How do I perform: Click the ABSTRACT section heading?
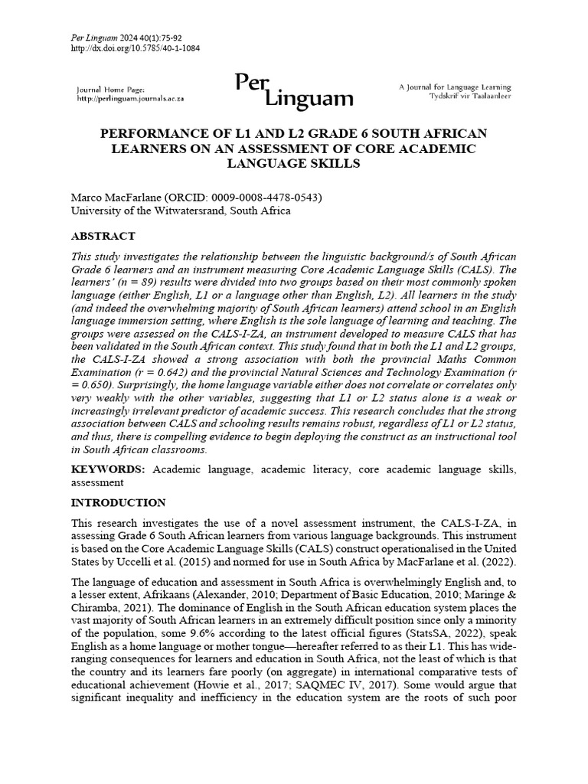(103, 236)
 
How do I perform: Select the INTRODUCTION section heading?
(118, 503)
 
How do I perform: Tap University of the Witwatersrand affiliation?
(181, 211)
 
